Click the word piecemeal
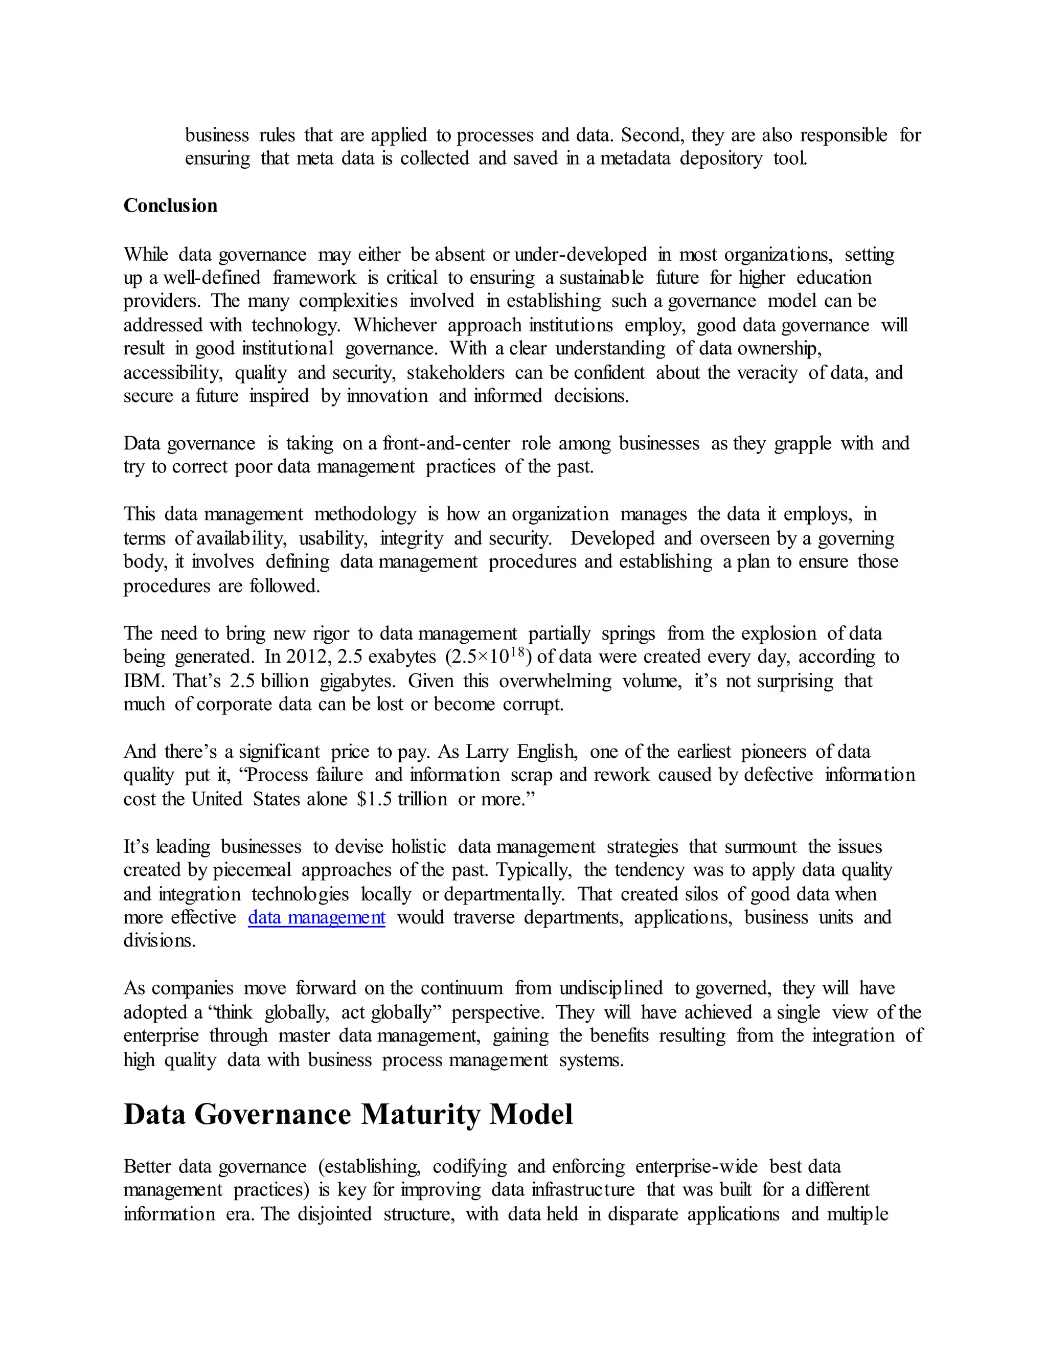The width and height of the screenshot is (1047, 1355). point(252,870)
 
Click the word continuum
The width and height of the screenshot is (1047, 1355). point(462,988)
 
